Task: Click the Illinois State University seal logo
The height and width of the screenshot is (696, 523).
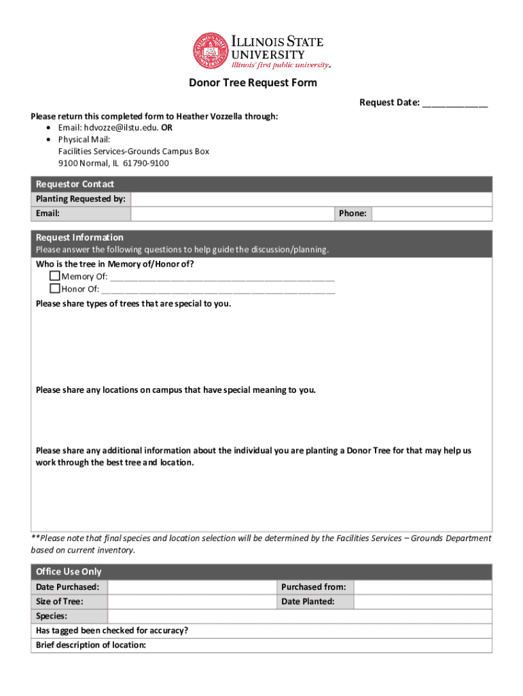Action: pos(211,51)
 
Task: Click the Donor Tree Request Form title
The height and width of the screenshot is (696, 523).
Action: pos(253,83)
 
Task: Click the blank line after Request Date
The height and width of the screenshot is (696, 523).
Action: pos(454,103)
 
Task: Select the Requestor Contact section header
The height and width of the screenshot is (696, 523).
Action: pos(75,184)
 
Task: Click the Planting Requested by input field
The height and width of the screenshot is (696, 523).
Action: pos(311,199)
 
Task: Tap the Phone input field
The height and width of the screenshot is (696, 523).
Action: pos(431,213)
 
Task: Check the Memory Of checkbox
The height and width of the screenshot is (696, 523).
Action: pos(55,277)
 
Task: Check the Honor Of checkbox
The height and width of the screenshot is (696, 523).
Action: pos(55,289)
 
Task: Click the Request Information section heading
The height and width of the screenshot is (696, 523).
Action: pos(80,237)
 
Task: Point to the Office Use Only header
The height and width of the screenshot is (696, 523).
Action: pos(69,572)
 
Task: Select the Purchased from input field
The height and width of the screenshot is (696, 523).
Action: pos(422,587)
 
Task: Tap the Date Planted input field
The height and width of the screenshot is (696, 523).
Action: pos(422,602)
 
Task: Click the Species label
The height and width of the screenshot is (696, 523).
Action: pos(52,616)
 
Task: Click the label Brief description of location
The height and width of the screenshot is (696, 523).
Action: pos(91,645)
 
